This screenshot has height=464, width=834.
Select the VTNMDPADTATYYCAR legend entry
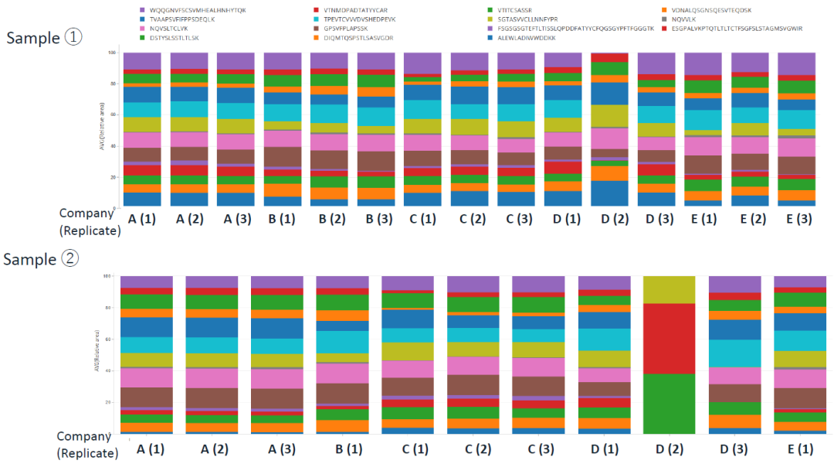click(355, 9)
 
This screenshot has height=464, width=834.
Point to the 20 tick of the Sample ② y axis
click(108, 403)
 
